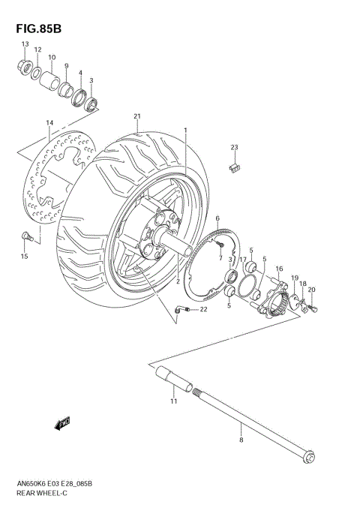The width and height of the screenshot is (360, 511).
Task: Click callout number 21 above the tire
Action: [137, 116]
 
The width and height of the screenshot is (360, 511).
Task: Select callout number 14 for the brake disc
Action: [49, 122]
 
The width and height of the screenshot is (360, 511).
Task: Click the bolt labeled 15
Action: [27, 238]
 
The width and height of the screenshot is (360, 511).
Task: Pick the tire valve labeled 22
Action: [177, 308]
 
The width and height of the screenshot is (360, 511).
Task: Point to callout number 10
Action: [52, 58]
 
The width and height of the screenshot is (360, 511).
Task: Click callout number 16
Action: [278, 268]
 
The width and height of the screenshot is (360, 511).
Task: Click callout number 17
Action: [243, 259]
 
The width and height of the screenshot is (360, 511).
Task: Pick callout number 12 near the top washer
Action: [37, 50]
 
